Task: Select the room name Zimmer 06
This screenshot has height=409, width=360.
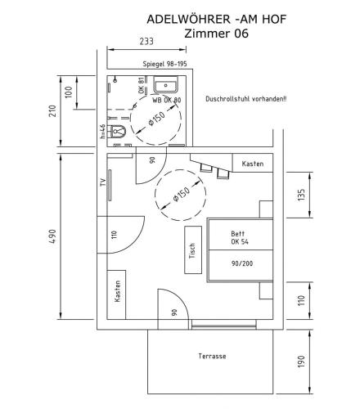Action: click(216, 34)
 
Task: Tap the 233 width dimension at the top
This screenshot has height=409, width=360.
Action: click(146, 41)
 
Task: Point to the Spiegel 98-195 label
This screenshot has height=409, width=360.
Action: click(165, 64)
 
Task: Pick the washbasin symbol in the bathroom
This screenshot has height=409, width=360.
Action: click(168, 85)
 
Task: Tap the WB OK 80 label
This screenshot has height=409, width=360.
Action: click(166, 100)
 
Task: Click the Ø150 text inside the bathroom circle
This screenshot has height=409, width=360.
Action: click(156, 118)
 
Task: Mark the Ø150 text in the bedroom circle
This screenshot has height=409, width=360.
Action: click(181, 196)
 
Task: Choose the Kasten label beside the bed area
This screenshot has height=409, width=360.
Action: click(253, 164)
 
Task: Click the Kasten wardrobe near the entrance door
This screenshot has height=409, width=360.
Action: click(117, 293)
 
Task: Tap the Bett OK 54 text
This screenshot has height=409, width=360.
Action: click(240, 238)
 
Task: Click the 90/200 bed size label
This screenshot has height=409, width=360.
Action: click(241, 263)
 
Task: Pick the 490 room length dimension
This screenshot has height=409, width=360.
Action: click(52, 236)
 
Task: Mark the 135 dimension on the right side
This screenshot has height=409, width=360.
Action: click(300, 195)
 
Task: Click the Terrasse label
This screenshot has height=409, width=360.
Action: click(212, 356)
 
